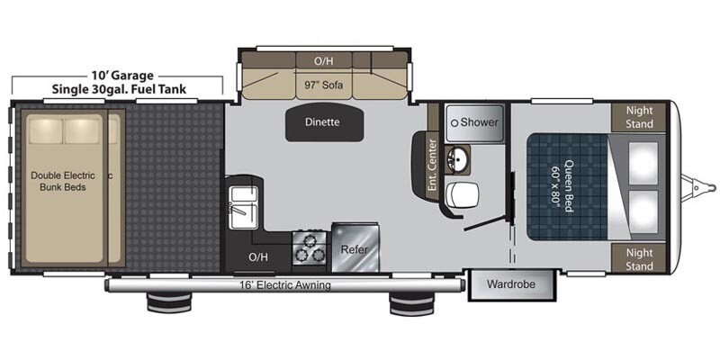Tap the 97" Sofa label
(x=324, y=85)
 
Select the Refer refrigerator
(x=355, y=248)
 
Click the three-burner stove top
(x=309, y=247)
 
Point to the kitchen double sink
(x=243, y=207)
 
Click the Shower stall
(x=475, y=122)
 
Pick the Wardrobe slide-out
(x=511, y=285)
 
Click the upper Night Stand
(x=639, y=117)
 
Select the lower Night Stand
(x=639, y=259)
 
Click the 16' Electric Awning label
(x=284, y=285)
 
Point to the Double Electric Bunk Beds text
(x=63, y=182)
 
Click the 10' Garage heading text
(x=120, y=76)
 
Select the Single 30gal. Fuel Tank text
(x=119, y=88)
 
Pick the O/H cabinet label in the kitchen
(x=258, y=257)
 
